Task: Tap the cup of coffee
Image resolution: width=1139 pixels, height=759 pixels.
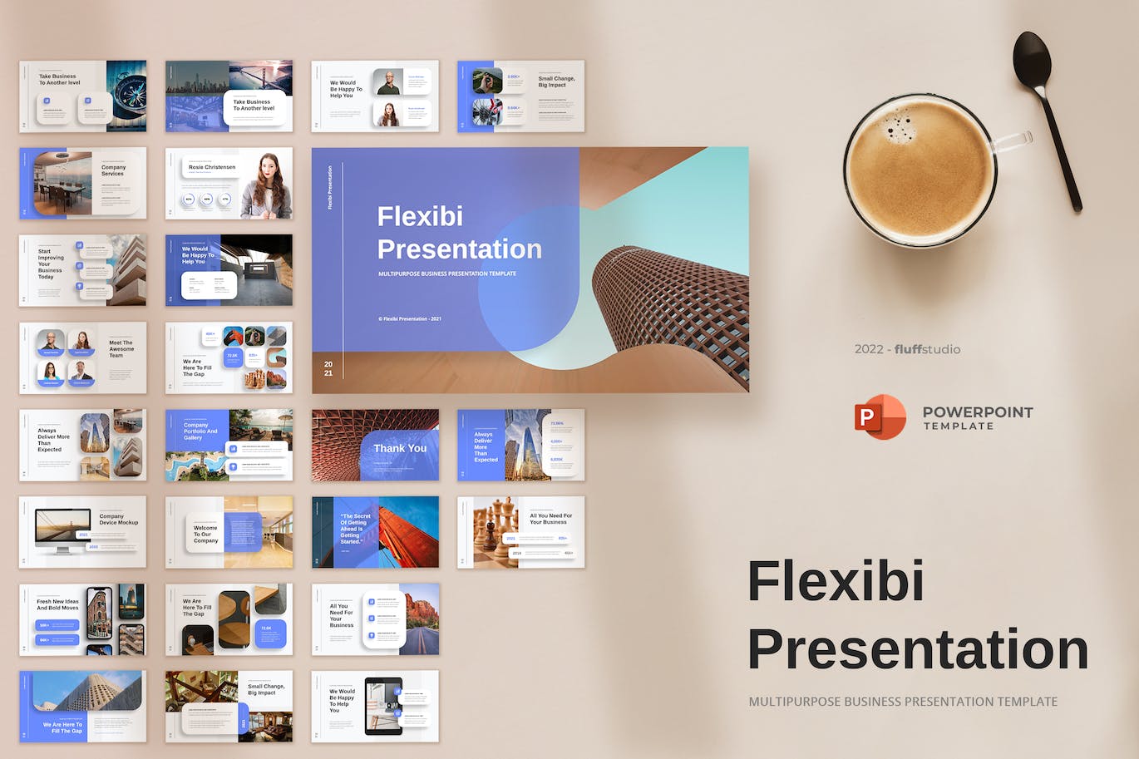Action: tap(920, 170)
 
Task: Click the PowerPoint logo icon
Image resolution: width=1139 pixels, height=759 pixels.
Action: tap(880, 417)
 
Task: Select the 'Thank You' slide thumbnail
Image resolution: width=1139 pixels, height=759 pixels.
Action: tap(375, 445)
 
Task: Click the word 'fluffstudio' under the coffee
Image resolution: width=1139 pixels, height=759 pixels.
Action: tap(927, 349)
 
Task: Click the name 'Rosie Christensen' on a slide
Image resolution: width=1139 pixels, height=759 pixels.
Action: tap(212, 167)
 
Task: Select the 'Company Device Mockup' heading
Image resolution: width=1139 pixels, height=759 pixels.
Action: tap(118, 520)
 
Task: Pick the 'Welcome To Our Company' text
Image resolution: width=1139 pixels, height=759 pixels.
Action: tap(205, 534)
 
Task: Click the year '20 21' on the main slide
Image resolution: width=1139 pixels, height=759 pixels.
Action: tap(328, 368)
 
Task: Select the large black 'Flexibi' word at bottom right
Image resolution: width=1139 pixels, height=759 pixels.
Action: tap(836, 581)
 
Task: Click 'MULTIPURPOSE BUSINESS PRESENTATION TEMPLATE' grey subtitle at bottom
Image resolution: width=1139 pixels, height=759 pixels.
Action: tap(903, 702)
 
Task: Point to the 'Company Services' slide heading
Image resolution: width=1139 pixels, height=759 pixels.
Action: tap(113, 170)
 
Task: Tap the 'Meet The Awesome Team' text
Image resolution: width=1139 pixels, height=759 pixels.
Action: tap(121, 348)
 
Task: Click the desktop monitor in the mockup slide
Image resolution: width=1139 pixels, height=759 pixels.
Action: tap(63, 529)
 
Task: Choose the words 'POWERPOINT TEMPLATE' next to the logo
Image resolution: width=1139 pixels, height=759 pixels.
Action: tap(978, 417)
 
